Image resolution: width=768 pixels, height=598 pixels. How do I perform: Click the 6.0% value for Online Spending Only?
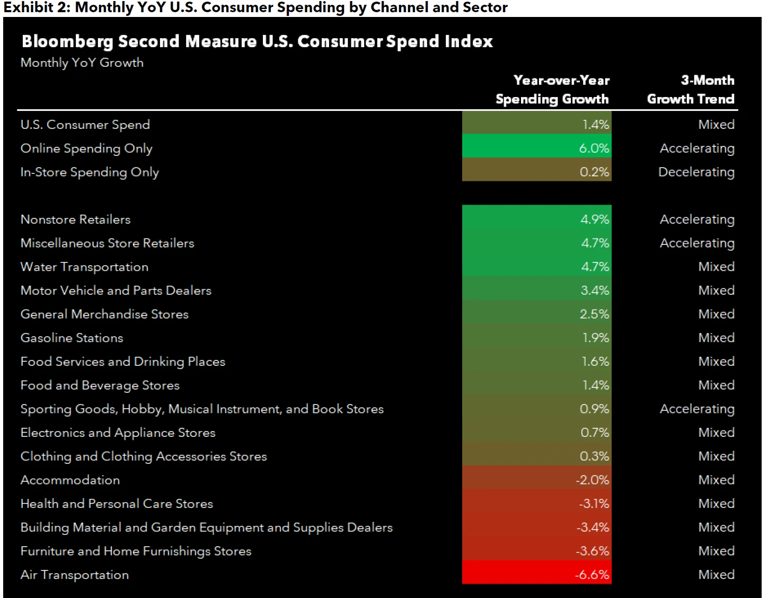pyautogui.click(x=594, y=148)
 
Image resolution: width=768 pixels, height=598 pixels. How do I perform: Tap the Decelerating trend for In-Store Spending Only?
pyautogui.click(x=696, y=172)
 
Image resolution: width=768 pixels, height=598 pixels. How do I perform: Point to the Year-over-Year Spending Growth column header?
pyautogui.click(x=552, y=90)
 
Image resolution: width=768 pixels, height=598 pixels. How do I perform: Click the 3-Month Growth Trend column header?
pyautogui.click(x=691, y=90)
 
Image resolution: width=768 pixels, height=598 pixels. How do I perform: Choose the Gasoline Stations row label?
pyautogui.click(x=72, y=338)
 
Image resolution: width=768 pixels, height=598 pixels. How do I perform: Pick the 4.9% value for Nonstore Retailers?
pyautogui.click(x=595, y=219)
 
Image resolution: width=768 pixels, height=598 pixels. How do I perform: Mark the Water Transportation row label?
pyautogui.click(x=84, y=267)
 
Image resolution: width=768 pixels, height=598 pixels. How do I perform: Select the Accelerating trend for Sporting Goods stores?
pyautogui.click(x=697, y=409)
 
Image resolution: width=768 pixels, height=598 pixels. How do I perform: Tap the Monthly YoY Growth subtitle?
pyautogui.click(x=82, y=63)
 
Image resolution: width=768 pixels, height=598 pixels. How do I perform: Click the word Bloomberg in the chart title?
pyautogui.click(x=67, y=41)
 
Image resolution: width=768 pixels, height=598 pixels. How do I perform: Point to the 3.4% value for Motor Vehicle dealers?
pyautogui.click(x=595, y=291)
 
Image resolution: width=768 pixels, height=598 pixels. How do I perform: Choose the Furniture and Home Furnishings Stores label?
pyautogui.click(x=136, y=551)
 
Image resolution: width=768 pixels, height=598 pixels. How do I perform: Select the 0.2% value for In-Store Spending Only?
pyautogui.click(x=594, y=172)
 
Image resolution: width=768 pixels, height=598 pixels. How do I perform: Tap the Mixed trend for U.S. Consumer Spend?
pyautogui.click(x=716, y=125)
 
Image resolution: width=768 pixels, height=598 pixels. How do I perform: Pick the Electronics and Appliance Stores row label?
pyautogui.click(x=118, y=433)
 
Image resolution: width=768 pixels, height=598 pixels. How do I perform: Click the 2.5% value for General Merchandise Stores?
pyautogui.click(x=594, y=314)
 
